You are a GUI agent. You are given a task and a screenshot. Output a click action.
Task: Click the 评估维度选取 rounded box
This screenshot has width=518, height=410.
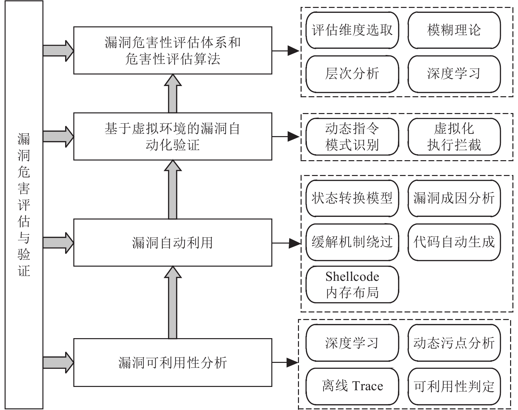352,30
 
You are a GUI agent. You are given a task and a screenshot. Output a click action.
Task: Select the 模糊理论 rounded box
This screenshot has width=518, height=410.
454,30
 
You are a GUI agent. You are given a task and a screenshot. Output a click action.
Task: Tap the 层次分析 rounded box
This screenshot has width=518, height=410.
352,73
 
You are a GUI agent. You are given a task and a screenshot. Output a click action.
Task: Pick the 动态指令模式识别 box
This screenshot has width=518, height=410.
352,136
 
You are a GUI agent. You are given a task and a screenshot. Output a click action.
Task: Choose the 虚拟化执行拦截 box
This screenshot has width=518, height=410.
454,136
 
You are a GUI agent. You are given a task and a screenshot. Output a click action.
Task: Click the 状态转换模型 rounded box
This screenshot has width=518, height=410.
352,198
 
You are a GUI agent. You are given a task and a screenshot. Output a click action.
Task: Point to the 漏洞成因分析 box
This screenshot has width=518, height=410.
454,198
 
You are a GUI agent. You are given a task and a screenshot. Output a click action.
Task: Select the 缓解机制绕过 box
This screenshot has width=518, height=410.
352,242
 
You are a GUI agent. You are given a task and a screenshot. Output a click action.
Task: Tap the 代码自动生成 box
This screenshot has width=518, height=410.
454,242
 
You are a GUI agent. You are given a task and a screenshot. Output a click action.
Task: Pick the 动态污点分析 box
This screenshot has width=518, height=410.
454,343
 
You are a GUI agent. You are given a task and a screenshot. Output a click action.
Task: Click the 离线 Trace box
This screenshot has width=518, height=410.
352,386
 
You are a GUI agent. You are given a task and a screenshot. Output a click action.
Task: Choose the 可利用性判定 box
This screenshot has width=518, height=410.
454,386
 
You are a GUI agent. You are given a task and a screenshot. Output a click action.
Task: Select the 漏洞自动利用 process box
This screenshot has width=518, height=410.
172,243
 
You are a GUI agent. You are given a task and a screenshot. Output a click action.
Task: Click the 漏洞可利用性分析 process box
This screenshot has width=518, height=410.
172,362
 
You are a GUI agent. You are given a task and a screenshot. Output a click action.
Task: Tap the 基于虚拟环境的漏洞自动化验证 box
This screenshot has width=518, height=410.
172,136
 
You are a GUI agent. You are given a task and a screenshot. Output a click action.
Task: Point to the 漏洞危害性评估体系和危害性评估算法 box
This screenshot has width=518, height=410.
172,50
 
